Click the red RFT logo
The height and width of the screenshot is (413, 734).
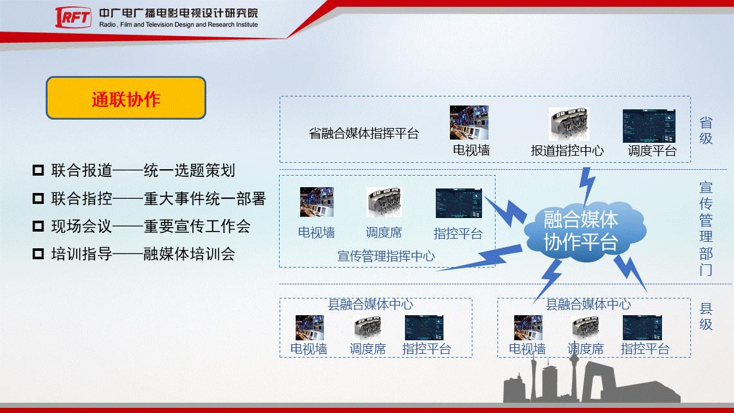click(73, 17)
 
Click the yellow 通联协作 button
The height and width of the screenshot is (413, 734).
click(126, 98)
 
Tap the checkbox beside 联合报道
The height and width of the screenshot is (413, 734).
click(38, 170)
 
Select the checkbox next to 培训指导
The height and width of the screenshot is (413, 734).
click(38, 254)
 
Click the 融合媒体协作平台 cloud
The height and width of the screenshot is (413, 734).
click(584, 231)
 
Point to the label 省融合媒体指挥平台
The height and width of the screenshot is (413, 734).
click(364, 134)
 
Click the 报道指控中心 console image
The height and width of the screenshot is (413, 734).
click(569, 124)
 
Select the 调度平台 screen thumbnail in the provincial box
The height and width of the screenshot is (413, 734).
click(649, 125)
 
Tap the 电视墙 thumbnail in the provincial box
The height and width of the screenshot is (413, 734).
click(469, 122)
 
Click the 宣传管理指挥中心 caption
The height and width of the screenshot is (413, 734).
click(386, 257)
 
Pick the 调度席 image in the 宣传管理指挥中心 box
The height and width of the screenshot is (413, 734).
click(384, 203)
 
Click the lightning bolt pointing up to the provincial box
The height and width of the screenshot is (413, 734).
click(587, 186)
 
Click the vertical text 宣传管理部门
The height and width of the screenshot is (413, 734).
click(706, 228)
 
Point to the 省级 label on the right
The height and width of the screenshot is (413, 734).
click(706, 131)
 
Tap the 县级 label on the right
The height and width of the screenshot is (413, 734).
click(706, 317)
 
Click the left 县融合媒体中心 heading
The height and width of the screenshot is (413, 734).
click(370, 305)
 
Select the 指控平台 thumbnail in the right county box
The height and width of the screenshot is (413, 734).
click(642, 327)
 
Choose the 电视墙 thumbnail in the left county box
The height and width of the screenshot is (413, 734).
click(309, 327)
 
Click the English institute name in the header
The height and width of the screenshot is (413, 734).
click(178, 25)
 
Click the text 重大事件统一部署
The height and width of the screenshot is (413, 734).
click(204, 199)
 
